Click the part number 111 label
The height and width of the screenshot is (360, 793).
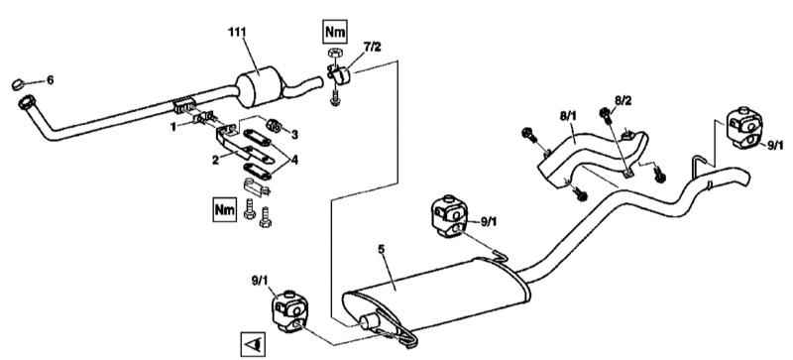tap(237, 33)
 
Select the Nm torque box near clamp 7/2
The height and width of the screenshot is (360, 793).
tap(335, 33)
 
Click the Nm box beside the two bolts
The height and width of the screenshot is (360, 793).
tap(225, 209)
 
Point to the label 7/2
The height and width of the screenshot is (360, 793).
tap(373, 47)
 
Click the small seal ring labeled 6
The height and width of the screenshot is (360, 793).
tap(18, 84)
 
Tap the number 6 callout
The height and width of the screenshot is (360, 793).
tap(51, 80)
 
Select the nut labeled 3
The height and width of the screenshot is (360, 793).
tap(274, 125)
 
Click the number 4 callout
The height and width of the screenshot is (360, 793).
tap(294, 161)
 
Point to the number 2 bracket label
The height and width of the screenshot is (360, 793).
tap(215, 160)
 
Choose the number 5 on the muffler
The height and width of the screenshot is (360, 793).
tap(381, 249)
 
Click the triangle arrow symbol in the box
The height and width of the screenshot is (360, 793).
tap(253, 345)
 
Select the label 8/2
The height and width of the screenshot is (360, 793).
tap(623, 100)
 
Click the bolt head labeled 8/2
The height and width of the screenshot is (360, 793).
tap(604, 113)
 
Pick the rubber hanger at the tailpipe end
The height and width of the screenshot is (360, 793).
tap(744, 128)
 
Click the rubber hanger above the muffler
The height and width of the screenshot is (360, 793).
tap(448, 215)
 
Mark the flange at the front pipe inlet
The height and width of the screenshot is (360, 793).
tap(26, 103)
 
